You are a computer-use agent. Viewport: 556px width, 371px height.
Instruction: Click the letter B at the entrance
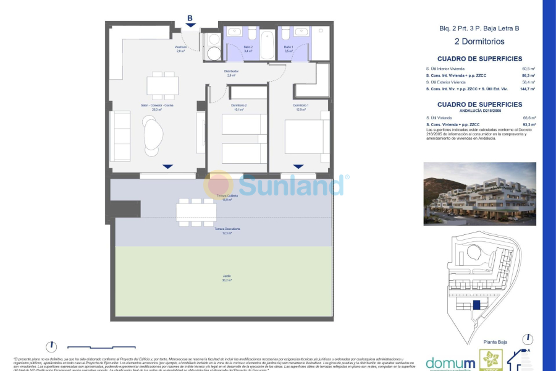click(x=190, y=18)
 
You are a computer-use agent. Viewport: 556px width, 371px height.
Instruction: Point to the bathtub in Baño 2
click(x=267, y=44)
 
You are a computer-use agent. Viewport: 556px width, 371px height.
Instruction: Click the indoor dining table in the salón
click(x=162, y=85)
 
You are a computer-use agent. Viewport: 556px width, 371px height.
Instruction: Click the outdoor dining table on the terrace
click(x=196, y=212)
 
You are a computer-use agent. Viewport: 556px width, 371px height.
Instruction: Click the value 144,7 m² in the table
click(x=528, y=89)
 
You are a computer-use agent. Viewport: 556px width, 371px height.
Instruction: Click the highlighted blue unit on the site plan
click(x=476, y=305)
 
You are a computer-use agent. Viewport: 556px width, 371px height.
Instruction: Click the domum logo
click(x=451, y=363)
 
